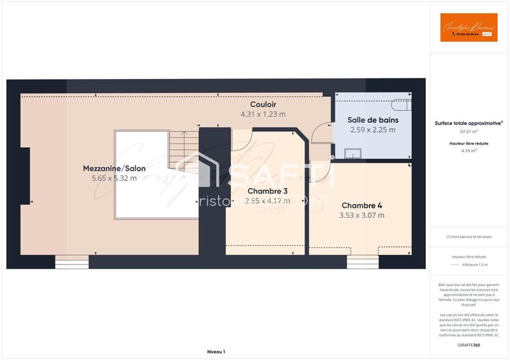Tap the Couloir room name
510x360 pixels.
click(263, 104)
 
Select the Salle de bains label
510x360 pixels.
click(372, 120)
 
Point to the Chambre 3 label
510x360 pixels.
click(267, 191)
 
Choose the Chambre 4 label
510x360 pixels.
click(361, 205)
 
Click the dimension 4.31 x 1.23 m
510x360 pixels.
click(263, 114)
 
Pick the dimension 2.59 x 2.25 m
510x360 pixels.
click(372, 129)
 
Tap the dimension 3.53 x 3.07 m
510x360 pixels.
click(361, 215)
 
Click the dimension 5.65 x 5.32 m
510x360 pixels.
click(114, 178)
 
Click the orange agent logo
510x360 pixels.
click(469, 27)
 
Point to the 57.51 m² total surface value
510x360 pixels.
click(469, 131)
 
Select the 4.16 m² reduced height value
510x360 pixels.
click(469, 150)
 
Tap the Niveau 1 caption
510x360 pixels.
click(216, 351)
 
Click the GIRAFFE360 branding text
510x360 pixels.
click(469, 345)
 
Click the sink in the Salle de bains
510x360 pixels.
click(353, 153)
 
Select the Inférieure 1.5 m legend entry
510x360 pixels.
click(475, 264)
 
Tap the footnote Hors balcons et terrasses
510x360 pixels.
click(469, 236)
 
